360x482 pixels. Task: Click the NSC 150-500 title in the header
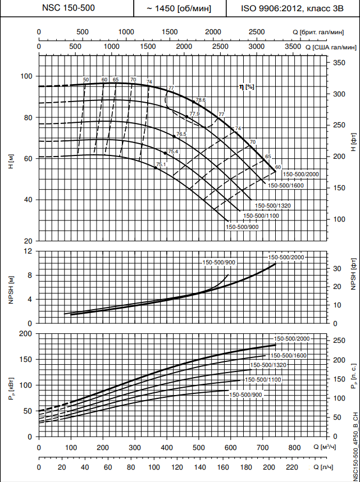tap(67, 8)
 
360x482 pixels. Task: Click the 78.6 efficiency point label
tap(200, 100)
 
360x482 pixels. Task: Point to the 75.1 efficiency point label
tap(161, 164)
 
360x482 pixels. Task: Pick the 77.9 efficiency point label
tap(194, 114)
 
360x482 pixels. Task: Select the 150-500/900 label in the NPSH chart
tap(219, 263)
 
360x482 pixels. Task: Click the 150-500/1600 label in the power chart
tap(289, 355)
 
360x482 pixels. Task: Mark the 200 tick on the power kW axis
tap(25, 333)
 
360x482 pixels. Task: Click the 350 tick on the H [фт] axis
tap(339, 63)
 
